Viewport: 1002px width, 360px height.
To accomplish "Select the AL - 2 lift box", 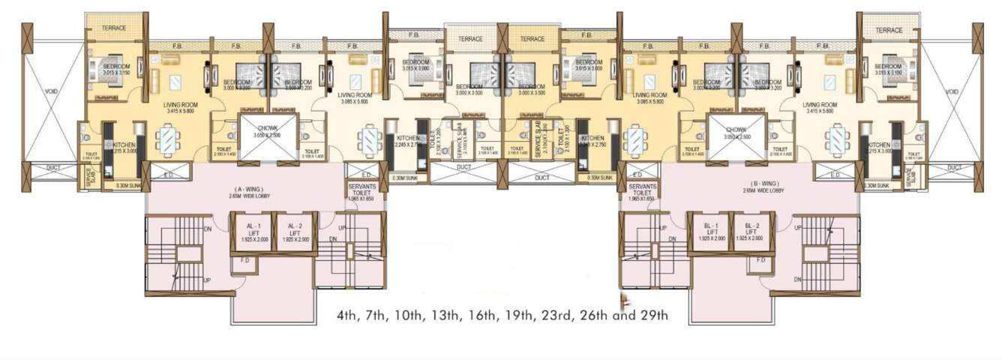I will [292, 232].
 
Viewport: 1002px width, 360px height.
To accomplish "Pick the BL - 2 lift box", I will [749, 232].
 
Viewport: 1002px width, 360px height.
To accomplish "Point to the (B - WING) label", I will [762, 183].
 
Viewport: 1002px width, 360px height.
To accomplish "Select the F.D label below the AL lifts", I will [244, 261].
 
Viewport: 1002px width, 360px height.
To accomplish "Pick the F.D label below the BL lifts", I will [760, 260].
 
